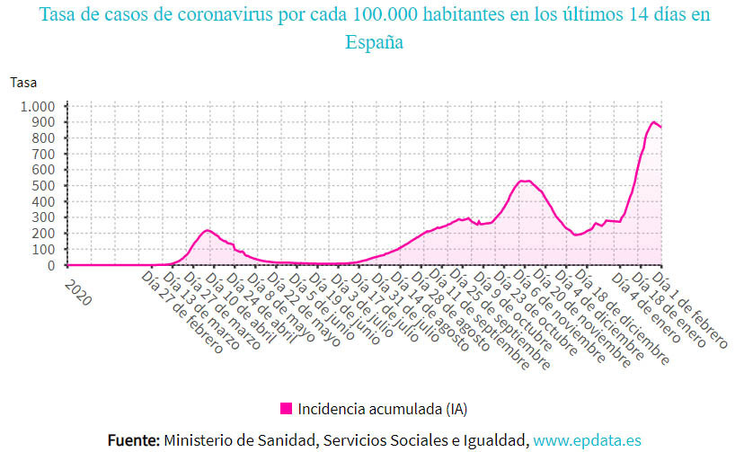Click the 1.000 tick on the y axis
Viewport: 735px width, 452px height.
click(37, 106)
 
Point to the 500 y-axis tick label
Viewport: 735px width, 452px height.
click(44, 186)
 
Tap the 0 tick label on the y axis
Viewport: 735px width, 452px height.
click(52, 265)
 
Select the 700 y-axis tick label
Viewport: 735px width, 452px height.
click(44, 154)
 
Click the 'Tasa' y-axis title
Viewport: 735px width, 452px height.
click(23, 82)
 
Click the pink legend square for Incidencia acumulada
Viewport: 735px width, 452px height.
click(286, 408)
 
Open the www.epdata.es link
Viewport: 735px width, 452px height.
click(587, 439)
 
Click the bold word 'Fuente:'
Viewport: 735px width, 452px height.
click(134, 439)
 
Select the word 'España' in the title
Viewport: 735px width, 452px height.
click(374, 41)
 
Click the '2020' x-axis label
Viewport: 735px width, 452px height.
click(78, 292)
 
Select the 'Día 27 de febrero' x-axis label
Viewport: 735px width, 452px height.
click(185, 315)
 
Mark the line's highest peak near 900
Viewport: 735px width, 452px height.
click(654, 122)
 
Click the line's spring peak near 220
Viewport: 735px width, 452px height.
click(208, 231)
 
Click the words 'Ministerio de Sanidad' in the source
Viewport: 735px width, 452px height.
click(238, 439)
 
